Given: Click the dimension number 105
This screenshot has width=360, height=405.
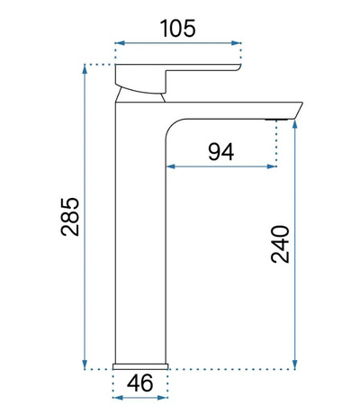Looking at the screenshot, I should (x=179, y=28).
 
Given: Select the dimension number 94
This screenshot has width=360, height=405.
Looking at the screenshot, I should (x=220, y=151).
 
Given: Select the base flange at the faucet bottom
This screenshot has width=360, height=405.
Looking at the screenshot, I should (x=140, y=365).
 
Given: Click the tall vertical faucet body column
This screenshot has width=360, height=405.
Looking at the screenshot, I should (x=140, y=234).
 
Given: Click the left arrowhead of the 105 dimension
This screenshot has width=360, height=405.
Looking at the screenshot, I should (x=120, y=42).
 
